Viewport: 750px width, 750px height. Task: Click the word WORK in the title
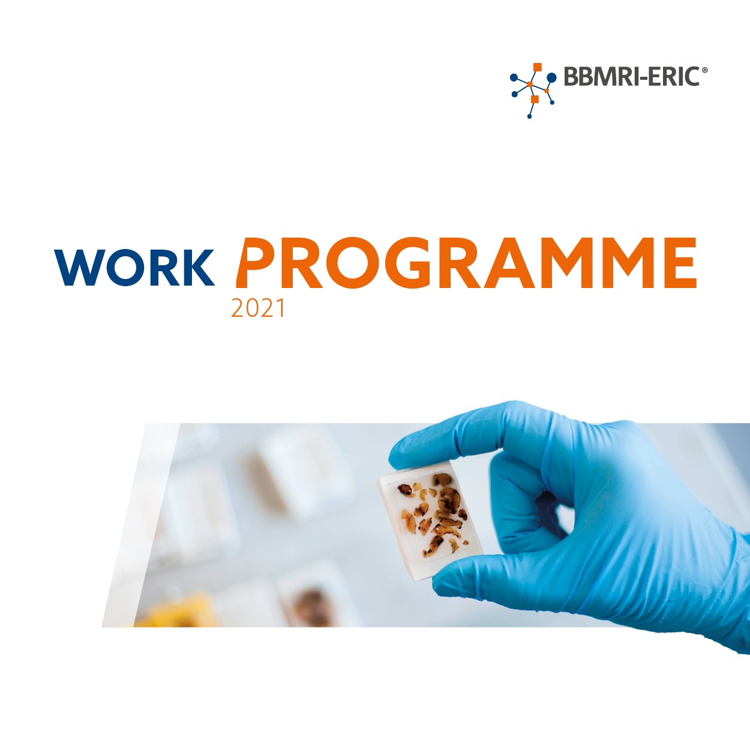[x=134, y=268]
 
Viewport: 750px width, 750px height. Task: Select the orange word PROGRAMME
[x=466, y=263]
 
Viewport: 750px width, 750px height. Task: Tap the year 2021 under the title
[x=257, y=308]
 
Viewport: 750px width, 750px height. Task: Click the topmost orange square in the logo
[x=538, y=67]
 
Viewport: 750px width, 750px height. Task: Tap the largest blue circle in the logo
[x=551, y=77]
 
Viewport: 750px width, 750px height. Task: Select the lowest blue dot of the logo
[x=529, y=116]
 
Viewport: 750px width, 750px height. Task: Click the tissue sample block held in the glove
[x=430, y=520]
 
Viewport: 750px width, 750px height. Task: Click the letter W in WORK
[x=79, y=268]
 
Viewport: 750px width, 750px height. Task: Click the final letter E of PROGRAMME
[x=677, y=263]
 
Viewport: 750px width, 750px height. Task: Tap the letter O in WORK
[x=125, y=268]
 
